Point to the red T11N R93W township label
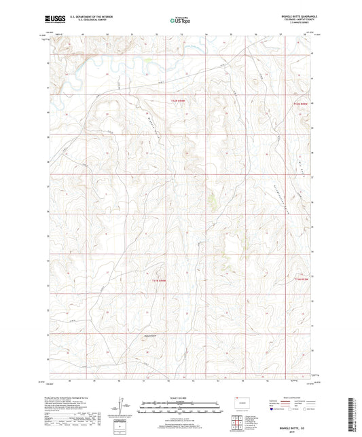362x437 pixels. (x=300, y=278)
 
